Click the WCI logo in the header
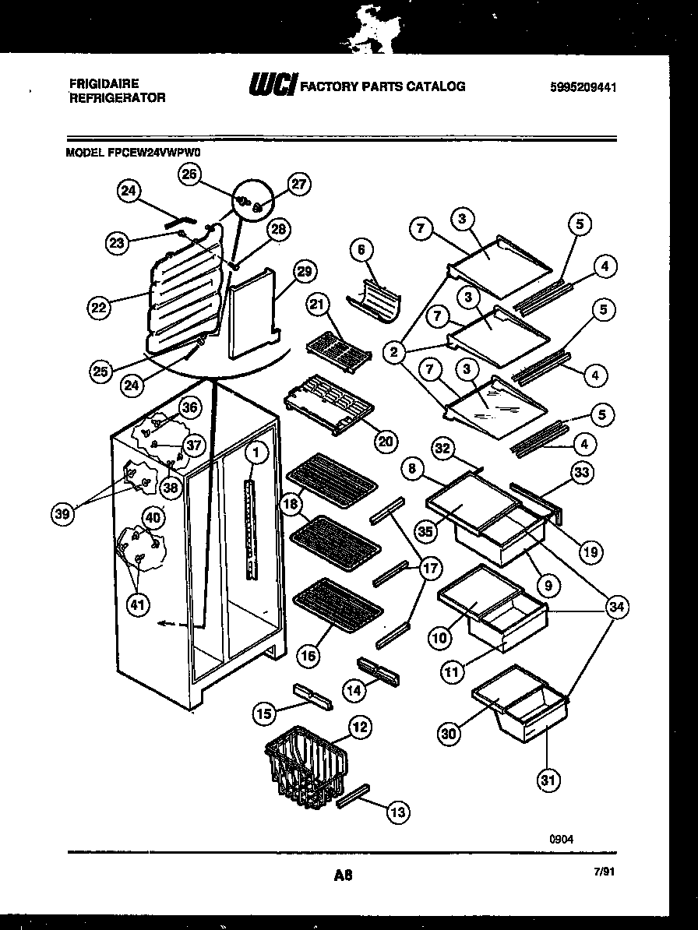271,86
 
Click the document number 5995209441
583,88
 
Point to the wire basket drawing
305,767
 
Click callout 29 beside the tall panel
303,272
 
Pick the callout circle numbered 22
98,307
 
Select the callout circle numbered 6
361,250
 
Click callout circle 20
385,441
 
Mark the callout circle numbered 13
398,812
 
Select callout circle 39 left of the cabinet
63,513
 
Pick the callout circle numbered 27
299,185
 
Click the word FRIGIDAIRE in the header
104,83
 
